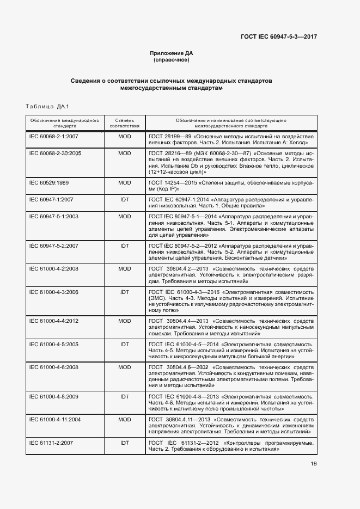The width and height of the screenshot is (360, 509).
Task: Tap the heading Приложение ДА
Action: [x=172, y=53]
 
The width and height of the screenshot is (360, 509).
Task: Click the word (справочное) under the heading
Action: [x=172, y=60]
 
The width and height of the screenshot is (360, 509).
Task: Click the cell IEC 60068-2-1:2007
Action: [x=54, y=136]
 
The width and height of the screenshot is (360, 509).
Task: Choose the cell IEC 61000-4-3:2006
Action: [x=54, y=292]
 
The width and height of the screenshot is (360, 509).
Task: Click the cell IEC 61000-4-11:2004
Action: [x=55, y=420]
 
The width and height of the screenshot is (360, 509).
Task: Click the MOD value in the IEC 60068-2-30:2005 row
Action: [x=125, y=154]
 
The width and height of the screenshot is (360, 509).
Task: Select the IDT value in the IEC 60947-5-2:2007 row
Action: [x=125, y=246]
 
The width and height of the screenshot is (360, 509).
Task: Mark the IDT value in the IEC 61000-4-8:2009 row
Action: [x=125, y=396]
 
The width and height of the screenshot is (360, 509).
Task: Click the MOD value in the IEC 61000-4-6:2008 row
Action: [x=125, y=367]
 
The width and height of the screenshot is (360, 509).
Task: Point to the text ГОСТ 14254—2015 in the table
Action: [x=170, y=182]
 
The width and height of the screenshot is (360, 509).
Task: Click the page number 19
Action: [x=314, y=464]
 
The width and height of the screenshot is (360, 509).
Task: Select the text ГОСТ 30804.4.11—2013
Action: [x=179, y=420]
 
